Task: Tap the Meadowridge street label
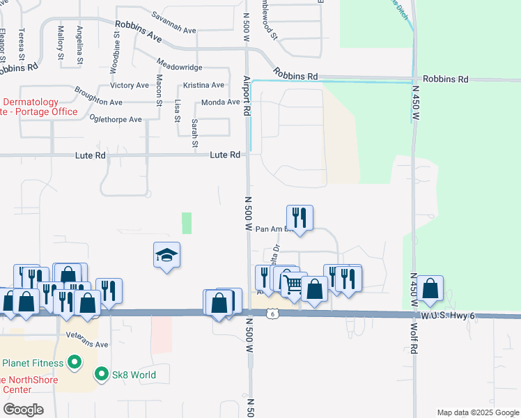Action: (x=180, y=67)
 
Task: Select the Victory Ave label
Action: (x=130, y=86)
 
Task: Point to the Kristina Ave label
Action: (x=203, y=86)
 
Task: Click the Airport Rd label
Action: (x=246, y=95)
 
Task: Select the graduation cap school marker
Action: (x=167, y=256)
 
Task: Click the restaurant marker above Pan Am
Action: (x=300, y=217)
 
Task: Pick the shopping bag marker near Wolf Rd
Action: (x=430, y=288)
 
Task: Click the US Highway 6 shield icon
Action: (x=272, y=314)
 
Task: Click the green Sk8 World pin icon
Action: (x=102, y=375)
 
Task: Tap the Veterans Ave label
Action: (x=87, y=344)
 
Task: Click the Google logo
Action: (x=22, y=410)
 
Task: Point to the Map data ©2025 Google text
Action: (x=477, y=412)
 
